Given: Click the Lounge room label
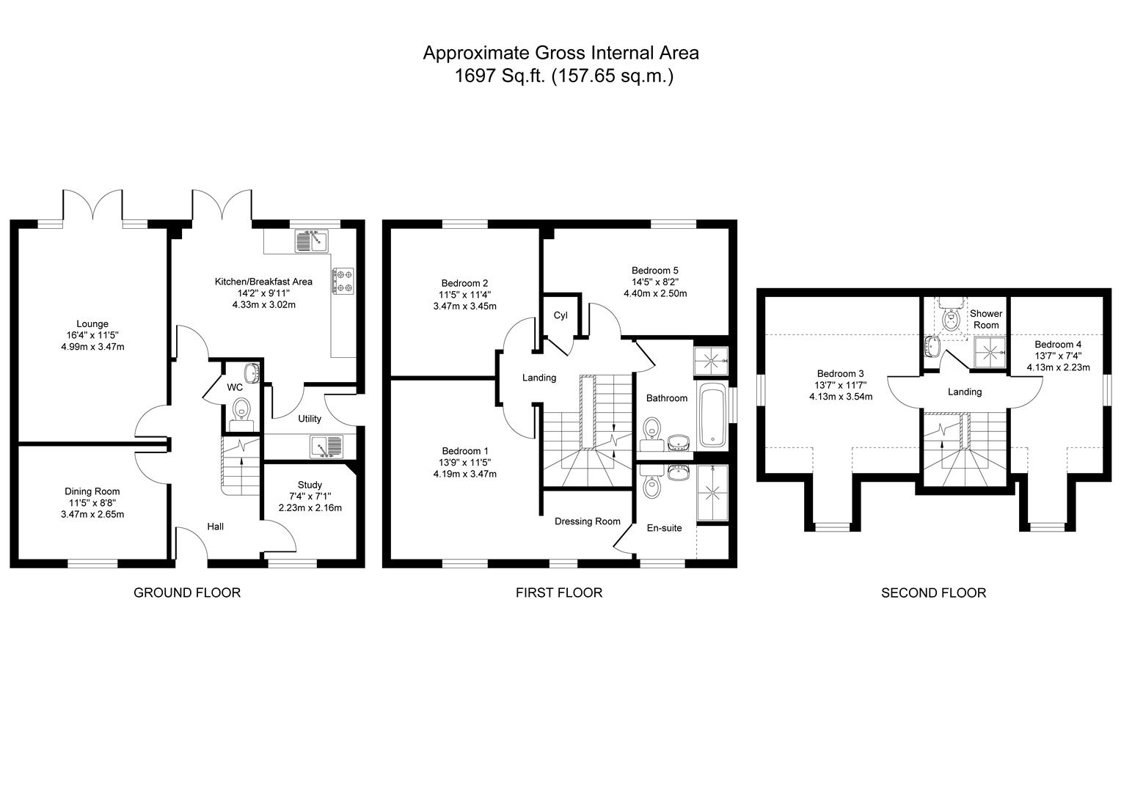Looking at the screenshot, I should tap(92, 323).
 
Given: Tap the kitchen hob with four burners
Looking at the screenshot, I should tap(343, 281).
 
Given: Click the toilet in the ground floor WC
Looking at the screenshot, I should tap(241, 413).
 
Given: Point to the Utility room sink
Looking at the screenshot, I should tap(326, 446).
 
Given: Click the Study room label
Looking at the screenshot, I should tap(310, 485).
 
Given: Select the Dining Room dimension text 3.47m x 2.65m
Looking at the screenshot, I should tap(92, 514).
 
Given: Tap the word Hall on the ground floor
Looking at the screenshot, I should tap(215, 527).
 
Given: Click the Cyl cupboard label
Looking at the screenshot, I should tap(560, 315).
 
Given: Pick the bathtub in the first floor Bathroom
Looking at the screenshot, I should tap(712, 415).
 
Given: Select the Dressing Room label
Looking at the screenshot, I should tap(587, 521).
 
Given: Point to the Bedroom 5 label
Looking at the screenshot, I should tap(654, 270).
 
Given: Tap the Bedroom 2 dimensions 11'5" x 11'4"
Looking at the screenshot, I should tap(465, 295).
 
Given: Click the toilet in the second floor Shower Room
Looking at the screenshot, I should tap(952, 318).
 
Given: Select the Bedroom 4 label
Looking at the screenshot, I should tap(1058, 344).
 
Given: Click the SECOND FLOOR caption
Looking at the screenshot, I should tap(933, 593).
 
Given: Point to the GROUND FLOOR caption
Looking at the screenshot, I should tap(186, 593).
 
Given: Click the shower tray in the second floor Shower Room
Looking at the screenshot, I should tap(990, 353).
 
